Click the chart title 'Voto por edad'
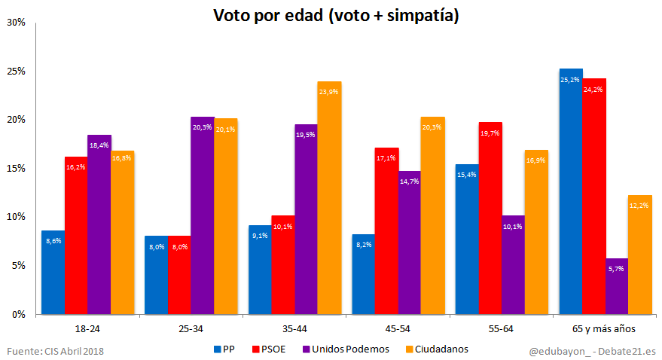pos(336,15)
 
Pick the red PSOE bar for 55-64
pos(490,218)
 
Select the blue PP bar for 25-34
pos(157,275)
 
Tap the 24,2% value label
pos(593,90)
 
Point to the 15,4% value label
pos(467,175)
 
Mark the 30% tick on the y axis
pos(16,23)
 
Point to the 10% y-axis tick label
pos(16,217)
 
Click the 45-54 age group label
pos(398,329)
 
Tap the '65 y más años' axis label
pos(605,329)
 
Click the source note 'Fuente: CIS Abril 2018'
pos(56,351)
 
